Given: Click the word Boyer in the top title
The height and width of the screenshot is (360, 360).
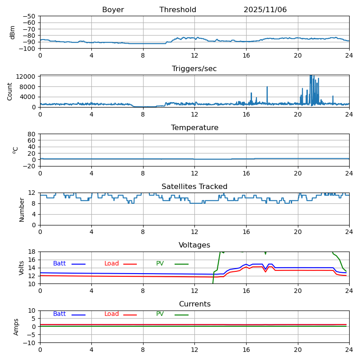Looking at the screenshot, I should point(113,10).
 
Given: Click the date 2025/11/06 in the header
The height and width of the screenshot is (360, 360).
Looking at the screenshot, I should point(265,10).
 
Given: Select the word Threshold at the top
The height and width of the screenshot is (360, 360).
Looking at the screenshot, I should point(178,10).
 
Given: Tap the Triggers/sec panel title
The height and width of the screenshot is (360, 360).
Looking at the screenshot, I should point(194,69).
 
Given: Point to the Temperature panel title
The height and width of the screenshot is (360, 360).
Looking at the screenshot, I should point(194,128).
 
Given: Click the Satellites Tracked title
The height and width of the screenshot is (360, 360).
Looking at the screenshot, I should point(194,187).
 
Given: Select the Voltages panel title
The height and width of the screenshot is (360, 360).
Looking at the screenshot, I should point(194,245).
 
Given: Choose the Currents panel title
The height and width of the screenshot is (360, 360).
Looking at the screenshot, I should point(194,304).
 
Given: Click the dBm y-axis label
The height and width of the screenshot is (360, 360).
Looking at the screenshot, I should point(13,32).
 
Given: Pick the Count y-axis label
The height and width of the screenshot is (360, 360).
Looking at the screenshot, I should point(10,91).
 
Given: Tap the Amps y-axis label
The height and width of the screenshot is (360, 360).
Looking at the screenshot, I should point(16,327).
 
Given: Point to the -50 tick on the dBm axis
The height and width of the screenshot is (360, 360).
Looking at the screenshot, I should point(29,16).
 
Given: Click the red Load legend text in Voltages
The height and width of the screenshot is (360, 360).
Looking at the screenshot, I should point(112,264).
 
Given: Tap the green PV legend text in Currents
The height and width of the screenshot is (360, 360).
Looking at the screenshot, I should point(160,314).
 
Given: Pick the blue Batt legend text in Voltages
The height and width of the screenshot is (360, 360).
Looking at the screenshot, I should point(59,264).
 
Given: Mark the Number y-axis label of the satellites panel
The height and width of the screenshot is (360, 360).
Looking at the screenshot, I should point(22,209).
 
